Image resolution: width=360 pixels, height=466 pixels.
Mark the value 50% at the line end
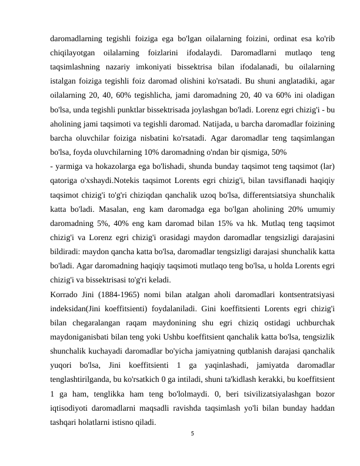click(x=279, y=151)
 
